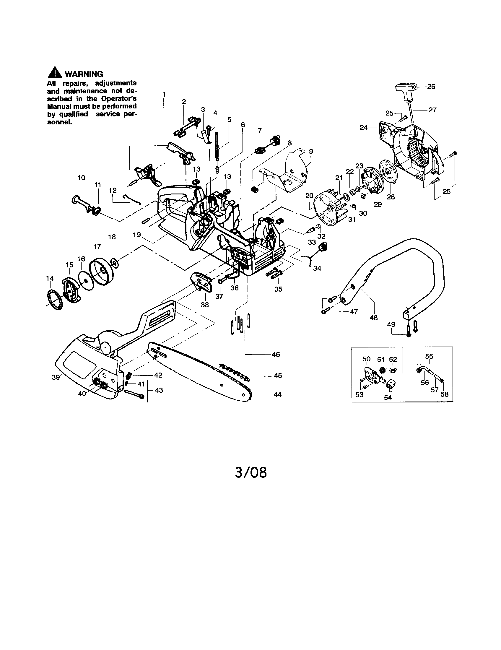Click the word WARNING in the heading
click(84, 74)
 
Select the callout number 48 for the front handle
click(374, 318)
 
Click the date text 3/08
click(250, 472)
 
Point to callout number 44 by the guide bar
click(277, 395)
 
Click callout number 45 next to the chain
click(278, 376)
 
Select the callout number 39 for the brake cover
click(56, 377)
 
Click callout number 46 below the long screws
click(276, 355)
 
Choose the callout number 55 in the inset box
click(429, 356)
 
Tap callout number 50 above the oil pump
click(366, 359)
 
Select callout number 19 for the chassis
click(137, 235)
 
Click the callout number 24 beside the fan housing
click(364, 127)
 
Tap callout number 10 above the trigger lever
click(81, 178)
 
